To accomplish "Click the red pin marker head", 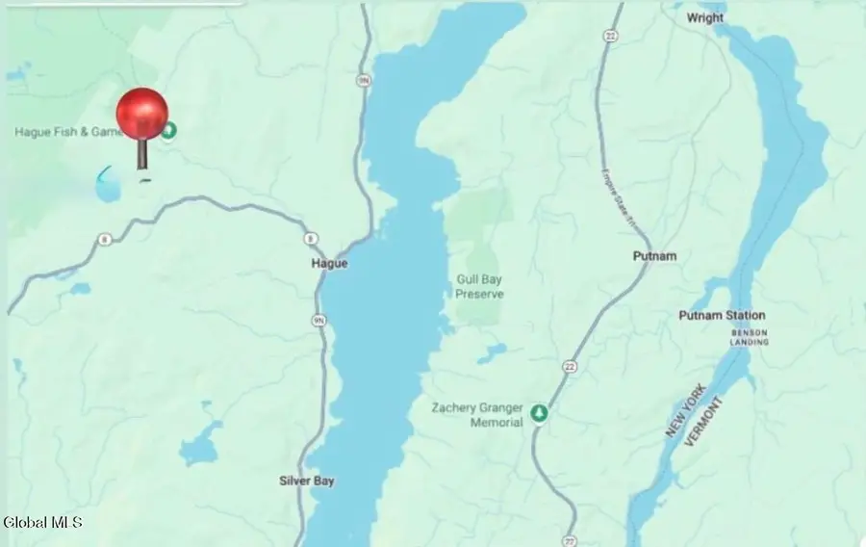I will tap(142, 114).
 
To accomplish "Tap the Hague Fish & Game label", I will tap(67, 132).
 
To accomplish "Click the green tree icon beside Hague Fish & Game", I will tap(169, 131).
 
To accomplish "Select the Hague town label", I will tap(329, 263).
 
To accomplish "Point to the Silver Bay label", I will tap(306, 481).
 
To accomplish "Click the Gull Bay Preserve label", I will tap(479, 286).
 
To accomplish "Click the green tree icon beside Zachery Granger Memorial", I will tap(540, 413).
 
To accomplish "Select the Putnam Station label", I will tap(722, 315).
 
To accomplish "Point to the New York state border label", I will tap(685, 410).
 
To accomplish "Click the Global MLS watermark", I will tap(42, 522).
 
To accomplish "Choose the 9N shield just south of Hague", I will tap(318, 320).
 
